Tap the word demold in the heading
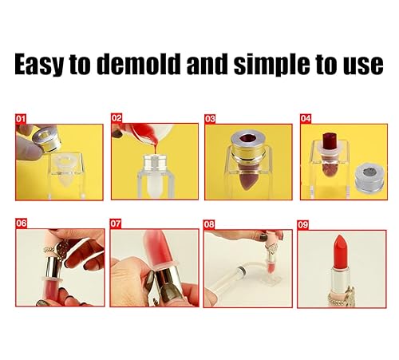pyautogui.click(x=160, y=64)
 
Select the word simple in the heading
pyautogui.click(x=277, y=64)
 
